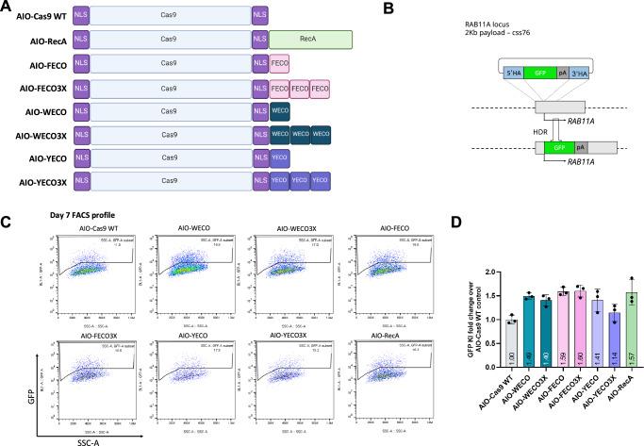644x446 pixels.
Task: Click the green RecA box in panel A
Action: [x=310, y=40]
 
